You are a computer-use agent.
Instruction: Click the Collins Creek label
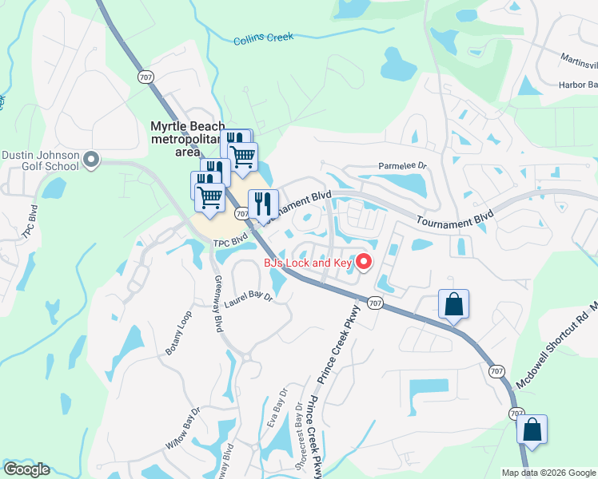[264, 38]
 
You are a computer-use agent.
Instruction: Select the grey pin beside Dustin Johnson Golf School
[90, 160]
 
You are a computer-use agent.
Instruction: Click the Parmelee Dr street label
[403, 168]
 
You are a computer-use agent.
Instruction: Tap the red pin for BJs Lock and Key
[364, 261]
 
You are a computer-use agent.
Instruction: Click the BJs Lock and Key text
[308, 263]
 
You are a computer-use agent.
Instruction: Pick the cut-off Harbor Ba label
[578, 85]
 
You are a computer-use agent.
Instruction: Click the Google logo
[26, 469]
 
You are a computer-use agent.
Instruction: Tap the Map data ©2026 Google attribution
[548, 473]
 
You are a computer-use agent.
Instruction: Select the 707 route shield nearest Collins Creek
[145, 77]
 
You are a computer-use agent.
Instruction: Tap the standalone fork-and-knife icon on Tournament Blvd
[263, 204]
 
